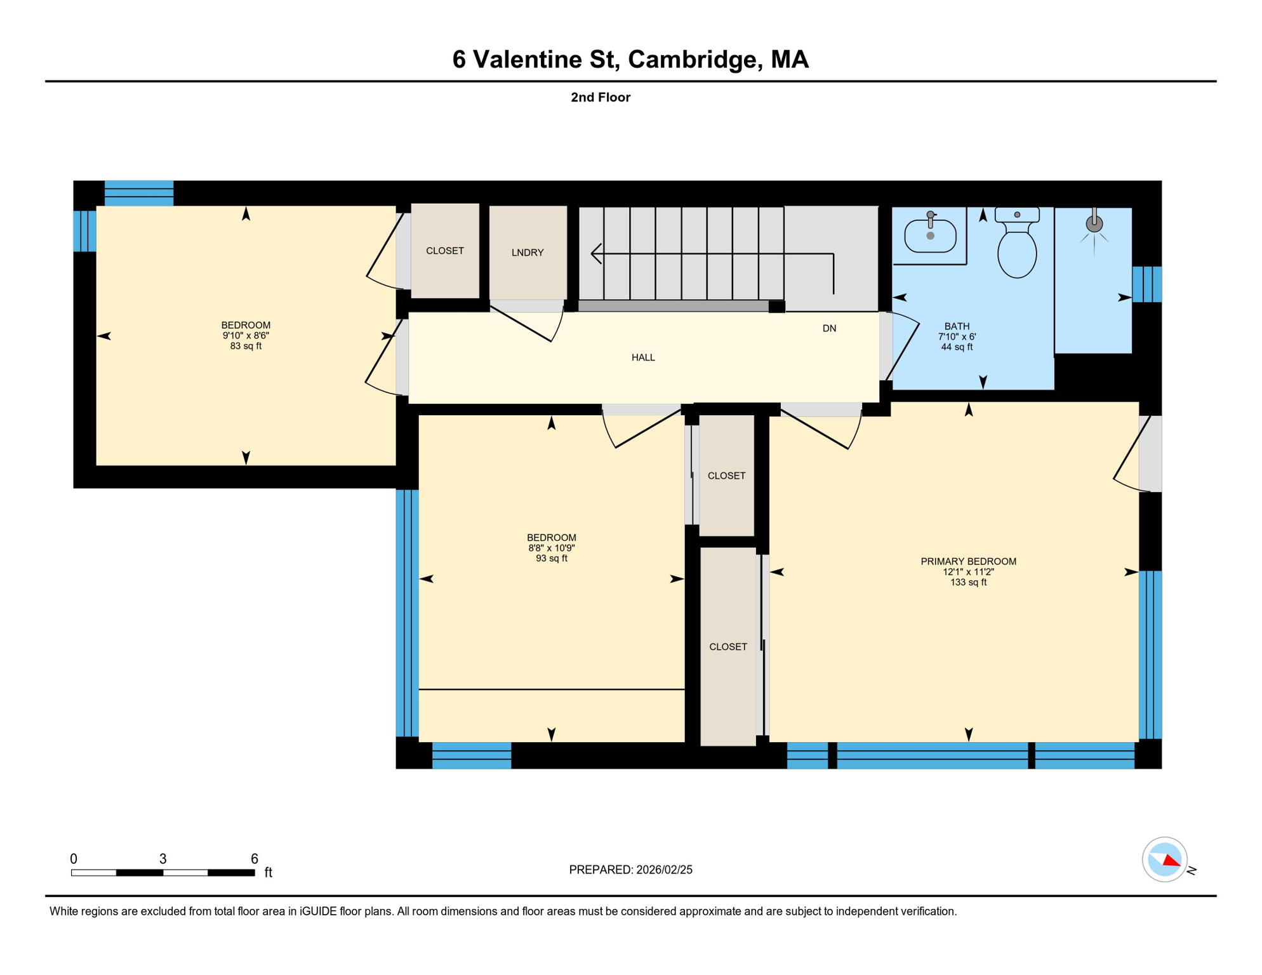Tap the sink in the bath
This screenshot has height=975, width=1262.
(930, 234)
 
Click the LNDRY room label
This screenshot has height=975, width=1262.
(528, 253)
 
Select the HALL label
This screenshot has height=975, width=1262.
(643, 357)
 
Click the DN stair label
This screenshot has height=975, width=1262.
(829, 328)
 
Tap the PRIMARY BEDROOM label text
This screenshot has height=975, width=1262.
(968, 561)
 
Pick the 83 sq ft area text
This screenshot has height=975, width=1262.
(246, 346)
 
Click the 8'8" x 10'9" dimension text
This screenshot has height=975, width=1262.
(551, 548)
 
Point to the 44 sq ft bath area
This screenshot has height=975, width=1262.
(957, 347)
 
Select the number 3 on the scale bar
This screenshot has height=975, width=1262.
(163, 859)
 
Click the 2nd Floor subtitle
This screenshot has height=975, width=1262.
(601, 97)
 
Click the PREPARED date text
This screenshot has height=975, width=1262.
(630, 870)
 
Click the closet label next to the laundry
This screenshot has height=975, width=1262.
(445, 251)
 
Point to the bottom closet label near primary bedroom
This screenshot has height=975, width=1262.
(728, 647)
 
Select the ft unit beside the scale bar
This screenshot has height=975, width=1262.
(269, 872)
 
